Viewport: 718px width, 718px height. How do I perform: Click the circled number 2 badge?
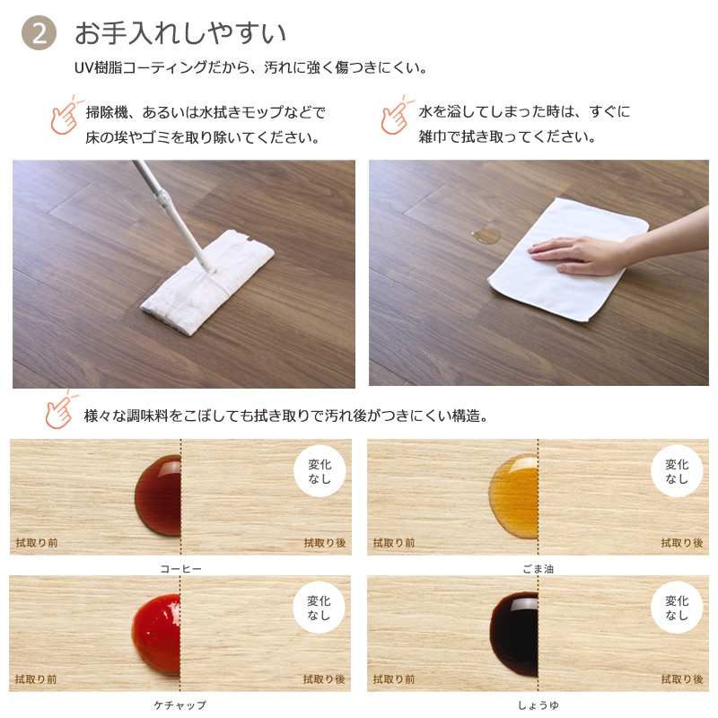point(39,33)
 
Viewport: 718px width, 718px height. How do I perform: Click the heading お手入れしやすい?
point(180,33)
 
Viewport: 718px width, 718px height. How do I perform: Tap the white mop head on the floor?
point(208,283)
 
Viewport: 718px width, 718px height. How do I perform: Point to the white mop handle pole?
point(174,215)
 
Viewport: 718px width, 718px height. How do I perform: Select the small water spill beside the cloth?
point(486,235)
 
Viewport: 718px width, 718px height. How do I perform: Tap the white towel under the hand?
point(568,259)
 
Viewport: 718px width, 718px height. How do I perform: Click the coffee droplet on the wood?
point(158,495)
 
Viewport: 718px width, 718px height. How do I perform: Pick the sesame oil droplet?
point(513,496)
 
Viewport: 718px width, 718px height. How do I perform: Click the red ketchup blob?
point(156,635)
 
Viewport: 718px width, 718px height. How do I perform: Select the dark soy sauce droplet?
point(513,635)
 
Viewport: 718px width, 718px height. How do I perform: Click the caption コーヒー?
point(181,569)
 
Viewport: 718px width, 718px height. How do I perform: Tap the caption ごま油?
point(538,569)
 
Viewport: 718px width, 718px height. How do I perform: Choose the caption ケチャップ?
point(180,705)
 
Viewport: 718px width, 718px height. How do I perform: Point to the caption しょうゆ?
point(538,705)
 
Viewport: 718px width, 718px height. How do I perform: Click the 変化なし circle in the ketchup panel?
point(319,608)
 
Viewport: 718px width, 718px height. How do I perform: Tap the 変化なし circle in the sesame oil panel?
point(677,471)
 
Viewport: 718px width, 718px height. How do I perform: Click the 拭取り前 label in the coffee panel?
point(37,543)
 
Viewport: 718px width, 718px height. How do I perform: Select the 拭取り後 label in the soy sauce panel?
point(682,679)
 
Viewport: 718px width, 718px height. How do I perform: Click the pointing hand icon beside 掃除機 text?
point(65,115)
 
